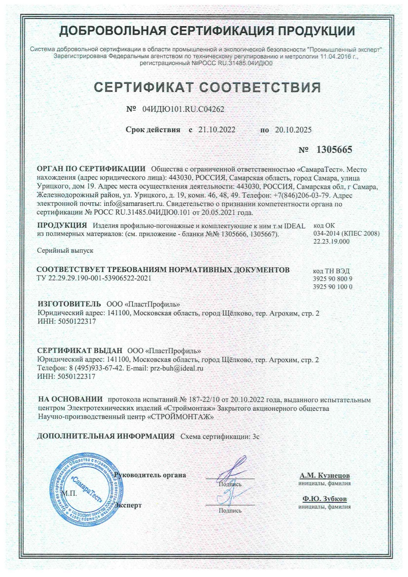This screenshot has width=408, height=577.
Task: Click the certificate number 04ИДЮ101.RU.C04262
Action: [183, 109]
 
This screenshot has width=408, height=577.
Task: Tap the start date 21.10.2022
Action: [217, 130]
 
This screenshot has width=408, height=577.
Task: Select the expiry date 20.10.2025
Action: [293, 130]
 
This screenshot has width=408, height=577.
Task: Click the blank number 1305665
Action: [334, 150]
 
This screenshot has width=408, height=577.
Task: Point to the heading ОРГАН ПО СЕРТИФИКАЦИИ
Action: [91, 169]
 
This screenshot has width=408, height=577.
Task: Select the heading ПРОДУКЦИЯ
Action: [62, 225]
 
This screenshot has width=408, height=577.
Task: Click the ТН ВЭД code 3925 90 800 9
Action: [333, 278]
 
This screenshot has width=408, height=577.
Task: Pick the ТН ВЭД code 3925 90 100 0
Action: [333, 287]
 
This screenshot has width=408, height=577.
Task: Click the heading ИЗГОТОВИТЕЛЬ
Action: [69, 304]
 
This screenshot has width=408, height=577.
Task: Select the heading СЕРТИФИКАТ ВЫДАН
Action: [80, 351]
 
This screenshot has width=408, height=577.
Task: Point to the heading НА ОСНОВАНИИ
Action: [70, 399]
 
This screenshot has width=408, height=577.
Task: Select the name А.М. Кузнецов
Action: [324, 475]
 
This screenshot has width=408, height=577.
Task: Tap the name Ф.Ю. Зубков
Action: [324, 499]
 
